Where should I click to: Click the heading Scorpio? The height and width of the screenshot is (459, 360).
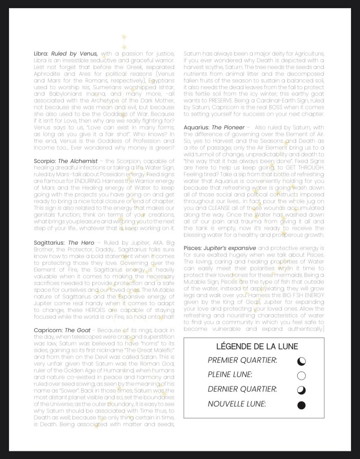45,160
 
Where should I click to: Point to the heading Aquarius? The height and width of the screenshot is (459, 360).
197,128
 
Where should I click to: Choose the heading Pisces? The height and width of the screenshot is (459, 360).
193,248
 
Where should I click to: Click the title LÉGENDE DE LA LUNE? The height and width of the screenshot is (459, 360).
257,346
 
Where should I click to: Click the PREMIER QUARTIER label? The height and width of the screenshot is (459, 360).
242,360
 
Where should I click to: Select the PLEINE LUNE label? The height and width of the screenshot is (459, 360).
230,375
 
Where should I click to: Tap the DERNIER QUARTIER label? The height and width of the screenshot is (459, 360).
242,389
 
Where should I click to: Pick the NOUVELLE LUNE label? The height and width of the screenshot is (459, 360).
236,404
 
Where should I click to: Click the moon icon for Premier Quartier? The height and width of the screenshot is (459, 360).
301,361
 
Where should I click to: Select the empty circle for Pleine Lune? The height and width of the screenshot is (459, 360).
301,376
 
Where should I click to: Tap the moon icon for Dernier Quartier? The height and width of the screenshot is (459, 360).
301,390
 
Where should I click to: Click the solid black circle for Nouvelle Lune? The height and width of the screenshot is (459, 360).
301,405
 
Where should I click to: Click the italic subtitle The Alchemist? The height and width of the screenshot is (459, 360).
75,160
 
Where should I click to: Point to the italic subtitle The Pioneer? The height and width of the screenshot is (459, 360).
228,128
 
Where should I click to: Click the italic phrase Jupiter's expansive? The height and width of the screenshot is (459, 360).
230,248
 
